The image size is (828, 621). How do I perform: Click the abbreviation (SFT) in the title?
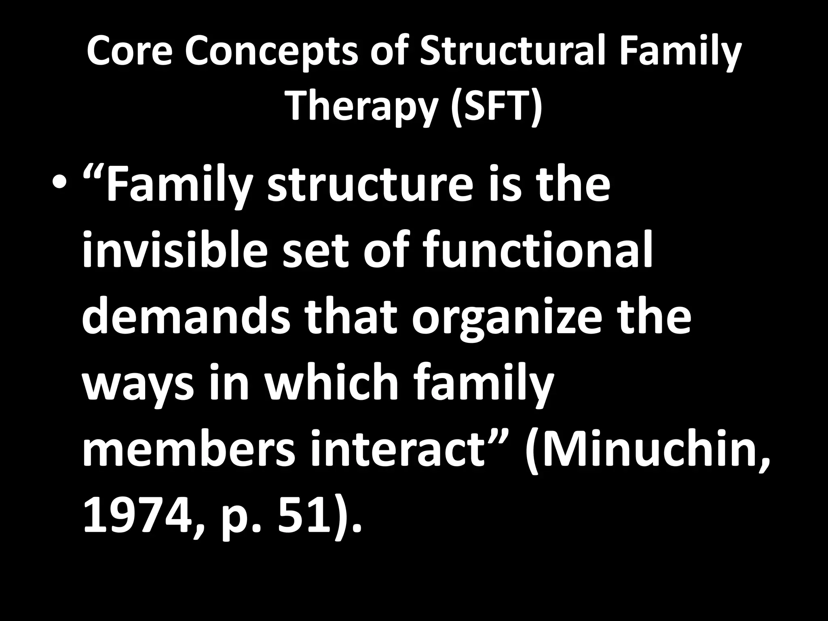[496, 106]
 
